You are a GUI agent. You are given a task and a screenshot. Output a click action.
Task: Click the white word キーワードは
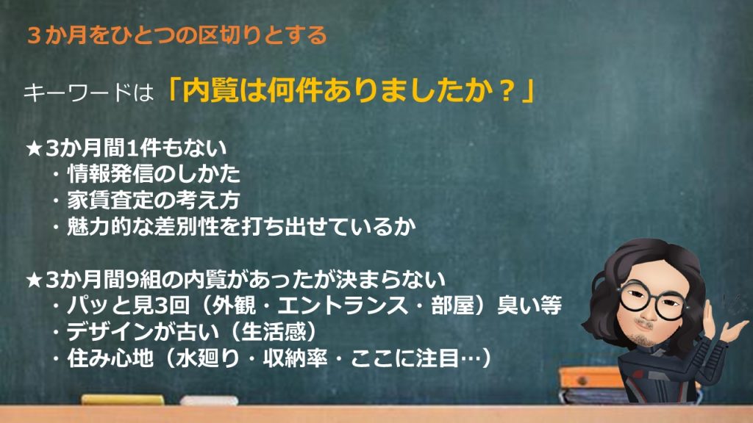pos(87,94)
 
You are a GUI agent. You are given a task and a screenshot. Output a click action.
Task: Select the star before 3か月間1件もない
pos(35,149)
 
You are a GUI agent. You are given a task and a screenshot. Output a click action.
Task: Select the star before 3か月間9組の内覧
pos(35,281)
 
